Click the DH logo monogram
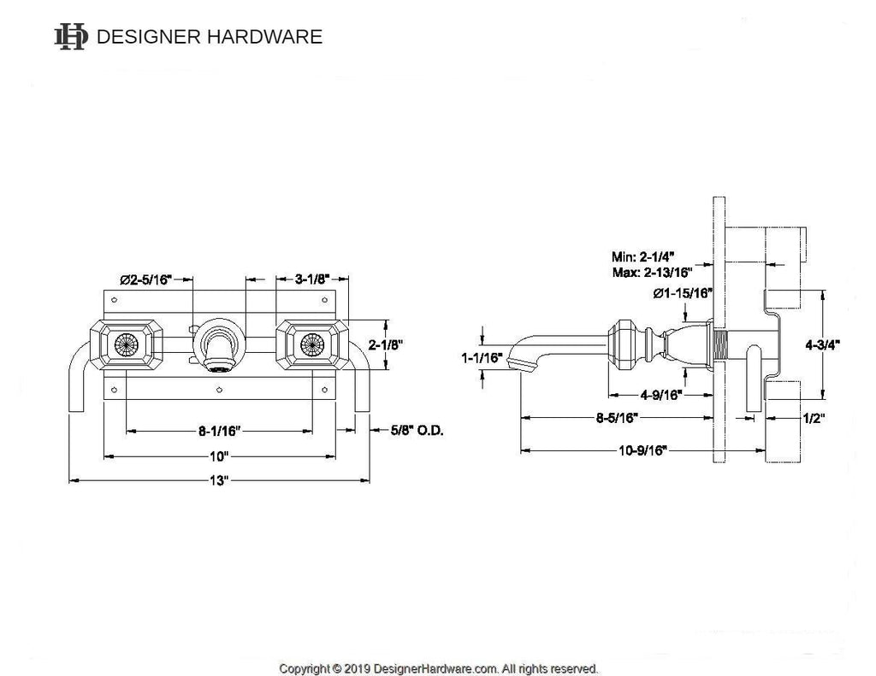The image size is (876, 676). pos(71,37)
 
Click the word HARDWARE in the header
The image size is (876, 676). pos(265,37)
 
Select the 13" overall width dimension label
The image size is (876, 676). pos(219,480)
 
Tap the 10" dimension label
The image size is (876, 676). pos(219,456)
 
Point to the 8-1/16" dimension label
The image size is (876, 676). pos(219,431)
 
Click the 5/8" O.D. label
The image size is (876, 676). pos(417,431)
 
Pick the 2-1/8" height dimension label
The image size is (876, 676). pos(386,345)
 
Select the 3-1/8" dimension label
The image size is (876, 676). pos(312,279)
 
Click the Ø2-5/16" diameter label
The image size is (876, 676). pos(145,279)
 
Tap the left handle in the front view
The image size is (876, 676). pos(127,345)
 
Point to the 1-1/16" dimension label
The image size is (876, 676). pos(482,358)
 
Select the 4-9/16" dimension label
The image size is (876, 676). pos(661,395)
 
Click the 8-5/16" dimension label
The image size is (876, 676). pos(617,418)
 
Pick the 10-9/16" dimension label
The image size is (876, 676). pos(642,450)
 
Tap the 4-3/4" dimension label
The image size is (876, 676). pos(822,345)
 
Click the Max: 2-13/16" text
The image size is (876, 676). pos(652,273)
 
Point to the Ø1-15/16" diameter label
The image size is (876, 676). pos(683,293)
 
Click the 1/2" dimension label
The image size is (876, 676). pos(814,418)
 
